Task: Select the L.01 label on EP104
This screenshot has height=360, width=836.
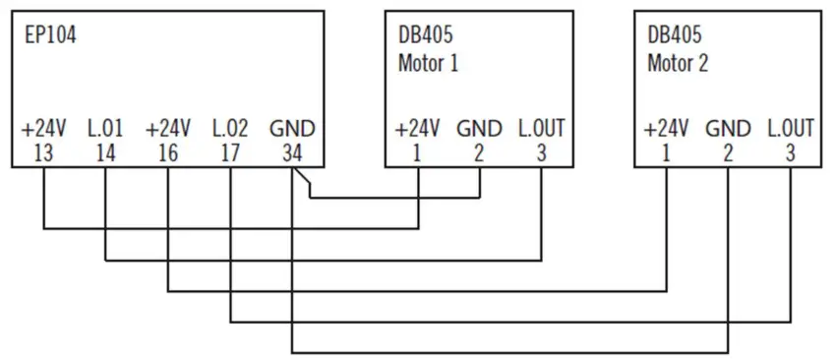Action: [x=105, y=129]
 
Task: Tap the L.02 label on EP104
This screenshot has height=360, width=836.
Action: [x=231, y=129]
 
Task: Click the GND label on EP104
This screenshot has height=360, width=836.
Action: [x=293, y=129]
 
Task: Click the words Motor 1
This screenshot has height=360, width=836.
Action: [x=429, y=64]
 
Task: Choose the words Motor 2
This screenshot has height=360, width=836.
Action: [x=678, y=64]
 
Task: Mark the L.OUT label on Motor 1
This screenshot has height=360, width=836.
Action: [x=540, y=129]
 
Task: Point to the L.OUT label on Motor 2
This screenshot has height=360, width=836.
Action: [x=790, y=129]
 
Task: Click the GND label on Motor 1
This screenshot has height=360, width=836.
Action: [x=479, y=129]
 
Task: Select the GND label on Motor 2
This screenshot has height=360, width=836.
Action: [x=728, y=129]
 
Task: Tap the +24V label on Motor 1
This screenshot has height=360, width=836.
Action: [x=417, y=129]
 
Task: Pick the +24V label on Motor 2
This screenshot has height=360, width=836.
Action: [x=666, y=129]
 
